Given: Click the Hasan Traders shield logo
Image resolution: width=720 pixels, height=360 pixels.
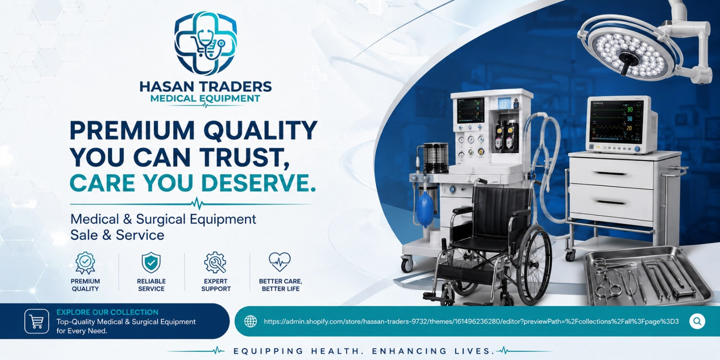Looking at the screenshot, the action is click(x=206, y=43).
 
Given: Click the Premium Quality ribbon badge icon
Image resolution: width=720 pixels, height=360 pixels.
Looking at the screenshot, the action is click(x=85, y=263).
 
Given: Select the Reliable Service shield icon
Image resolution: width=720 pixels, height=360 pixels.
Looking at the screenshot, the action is click(x=151, y=263).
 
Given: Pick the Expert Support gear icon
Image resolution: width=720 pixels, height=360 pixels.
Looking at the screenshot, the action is click(x=216, y=263).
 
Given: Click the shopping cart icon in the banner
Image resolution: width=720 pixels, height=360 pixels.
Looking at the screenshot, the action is click(x=36, y=321).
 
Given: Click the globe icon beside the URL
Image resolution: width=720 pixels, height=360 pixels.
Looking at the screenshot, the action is click(x=251, y=321).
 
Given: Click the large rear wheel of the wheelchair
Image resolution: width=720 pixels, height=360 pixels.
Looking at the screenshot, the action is click(x=534, y=265).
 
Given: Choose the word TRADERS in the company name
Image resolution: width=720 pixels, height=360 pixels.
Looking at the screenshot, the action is click(x=234, y=87).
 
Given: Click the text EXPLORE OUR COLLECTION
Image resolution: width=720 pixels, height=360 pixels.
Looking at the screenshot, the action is click(x=108, y=312).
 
